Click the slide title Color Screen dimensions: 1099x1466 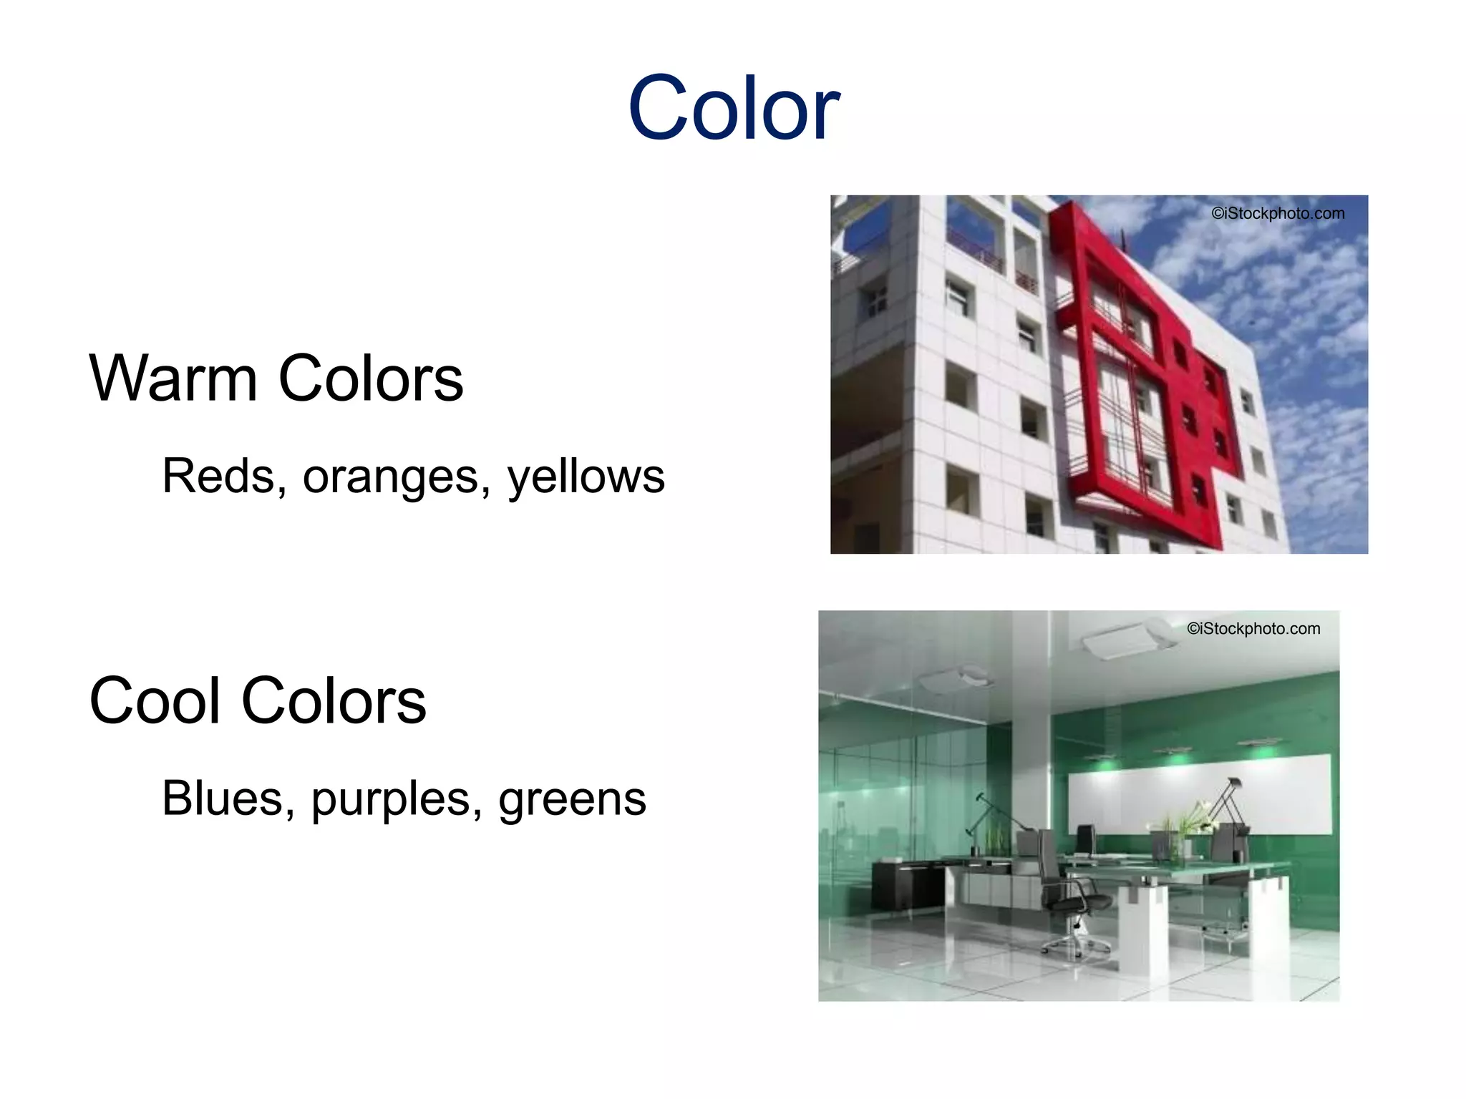733,109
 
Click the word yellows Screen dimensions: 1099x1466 586,477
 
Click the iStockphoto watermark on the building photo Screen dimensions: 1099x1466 1278,213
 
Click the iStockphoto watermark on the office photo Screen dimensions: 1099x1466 1253,628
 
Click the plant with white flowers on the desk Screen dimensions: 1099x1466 1188,823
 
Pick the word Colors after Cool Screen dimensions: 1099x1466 334,700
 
